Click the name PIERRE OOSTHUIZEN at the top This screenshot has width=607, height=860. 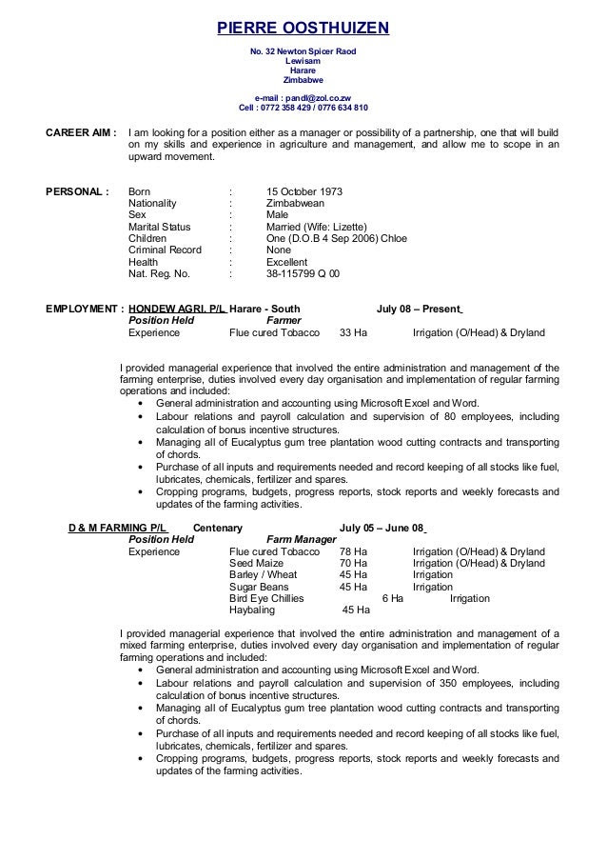[x=303, y=29]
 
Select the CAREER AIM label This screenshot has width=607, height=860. [x=81, y=131]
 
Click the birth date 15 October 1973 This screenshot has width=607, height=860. [x=304, y=191]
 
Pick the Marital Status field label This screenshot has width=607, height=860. [x=159, y=227]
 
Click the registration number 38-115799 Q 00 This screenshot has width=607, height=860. [x=304, y=274]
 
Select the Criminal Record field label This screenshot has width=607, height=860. [x=165, y=250]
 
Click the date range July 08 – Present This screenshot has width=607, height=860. [x=419, y=309]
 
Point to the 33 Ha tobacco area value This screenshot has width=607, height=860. [x=353, y=333]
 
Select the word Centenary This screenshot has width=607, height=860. [x=218, y=527]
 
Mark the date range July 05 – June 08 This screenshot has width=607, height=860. [x=382, y=527]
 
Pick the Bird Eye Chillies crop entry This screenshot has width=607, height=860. [x=267, y=598]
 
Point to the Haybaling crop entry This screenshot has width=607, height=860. [x=253, y=610]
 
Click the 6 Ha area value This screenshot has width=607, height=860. [x=392, y=598]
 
